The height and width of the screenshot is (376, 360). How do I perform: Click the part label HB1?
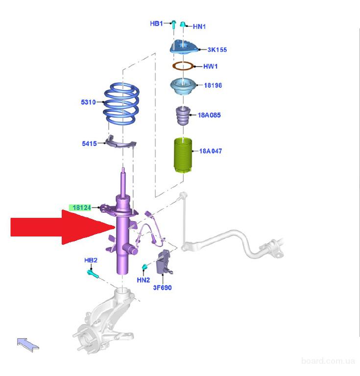pyautogui.click(x=156, y=23)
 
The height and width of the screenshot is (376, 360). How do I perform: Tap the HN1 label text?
pyautogui.click(x=199, y=26)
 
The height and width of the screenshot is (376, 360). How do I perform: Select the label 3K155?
pyautogui.click(x=217, y=49)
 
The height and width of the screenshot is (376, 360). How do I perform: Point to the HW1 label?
pyautogui.click(x=210, y=66)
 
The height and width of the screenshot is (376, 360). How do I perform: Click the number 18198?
pyautogui.click(x=213, y=85)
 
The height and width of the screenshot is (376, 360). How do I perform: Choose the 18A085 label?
pyautogui.click(x=209, y=115)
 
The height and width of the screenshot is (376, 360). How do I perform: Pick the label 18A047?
pyautogui.click(x=210, y=151)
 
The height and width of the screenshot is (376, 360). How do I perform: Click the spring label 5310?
pyautogui.click(x=89, y=102)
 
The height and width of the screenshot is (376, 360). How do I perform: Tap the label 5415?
pyautogui.click(x=90, y=143)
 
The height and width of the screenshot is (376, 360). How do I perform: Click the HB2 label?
pyautogui.click(x=91, y=260)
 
